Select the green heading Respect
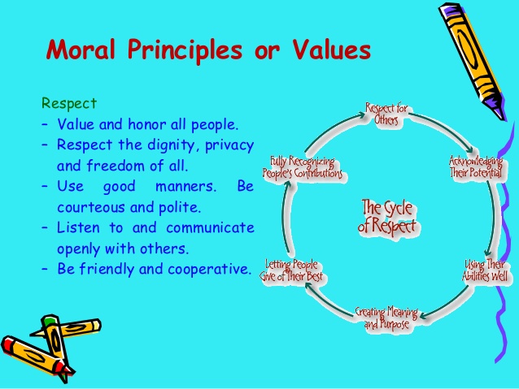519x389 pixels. (69, 104)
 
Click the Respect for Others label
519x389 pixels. (386, 114)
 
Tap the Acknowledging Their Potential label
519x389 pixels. (476, 167)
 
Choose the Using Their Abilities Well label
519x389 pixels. (485, 270)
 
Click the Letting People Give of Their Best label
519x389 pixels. (291, 270)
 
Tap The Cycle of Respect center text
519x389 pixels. (387, 217)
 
